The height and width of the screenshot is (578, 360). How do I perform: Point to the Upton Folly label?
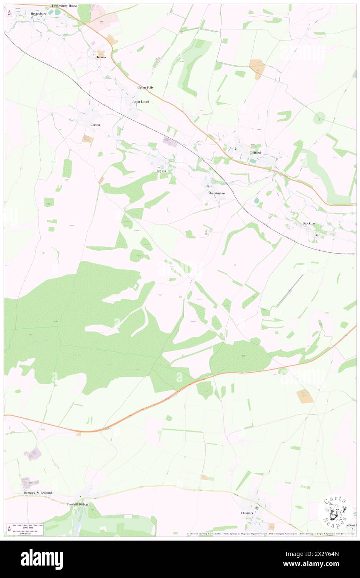click(145, 88)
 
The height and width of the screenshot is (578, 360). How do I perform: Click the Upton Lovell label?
click(140, 101)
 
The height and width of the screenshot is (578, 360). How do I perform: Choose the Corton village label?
click(95, 125)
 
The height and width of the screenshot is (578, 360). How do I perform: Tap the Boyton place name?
click(161, 171)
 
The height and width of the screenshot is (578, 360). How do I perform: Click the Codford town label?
click(255, 153)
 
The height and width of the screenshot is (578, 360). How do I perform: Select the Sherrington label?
click(217, 193)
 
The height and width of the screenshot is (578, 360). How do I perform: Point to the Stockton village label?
click(309, 223)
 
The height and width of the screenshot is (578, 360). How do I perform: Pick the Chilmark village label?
click(247, 513)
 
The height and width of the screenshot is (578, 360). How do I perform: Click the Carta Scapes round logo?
click(335, 511)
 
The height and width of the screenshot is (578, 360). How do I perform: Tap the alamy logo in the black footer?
click(42, 558)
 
